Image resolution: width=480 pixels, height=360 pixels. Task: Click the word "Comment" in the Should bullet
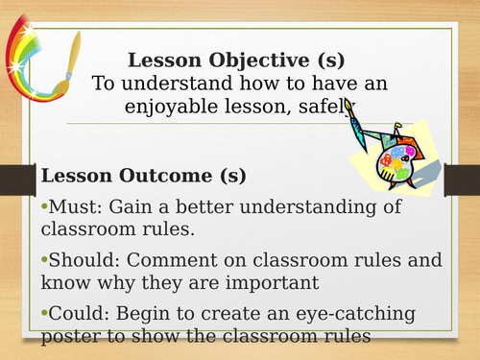pyautogui.click(x=171, y=259)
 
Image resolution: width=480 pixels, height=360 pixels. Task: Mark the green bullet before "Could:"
pyautogui.click(x=42, y=311)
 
